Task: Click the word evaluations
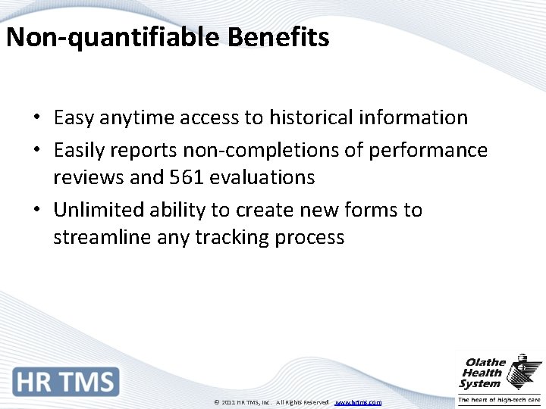[x=262, y=177]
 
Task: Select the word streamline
[x=102, y=238]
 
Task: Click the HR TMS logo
[x=65, y=381]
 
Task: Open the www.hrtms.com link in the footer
[x=358, y=402]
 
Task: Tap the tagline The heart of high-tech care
[x=498, y=401]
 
